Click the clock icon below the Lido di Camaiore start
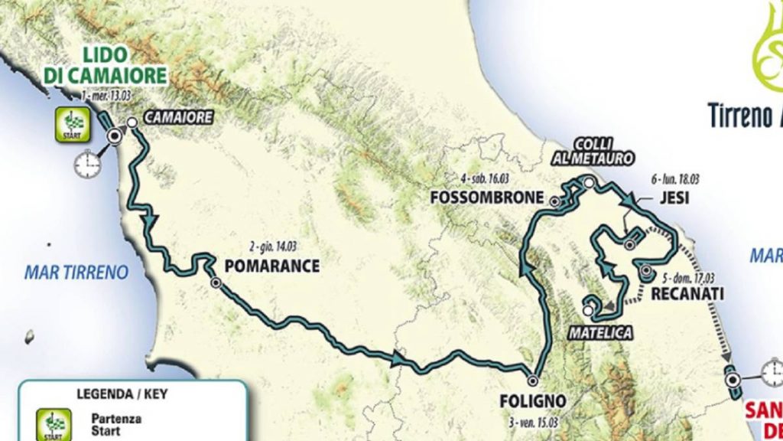tap(87, 162)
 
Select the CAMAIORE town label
tap(176, 117)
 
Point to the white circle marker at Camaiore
tap(132, 122)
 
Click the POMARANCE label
tap(271, 266)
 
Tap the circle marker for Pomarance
tap(216, 283)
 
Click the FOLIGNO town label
tap(532, 400)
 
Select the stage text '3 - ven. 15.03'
tap(533, 418)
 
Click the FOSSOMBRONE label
tap(486, 196)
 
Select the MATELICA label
tap(600, 334)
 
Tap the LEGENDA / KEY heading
tap(122, 395)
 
